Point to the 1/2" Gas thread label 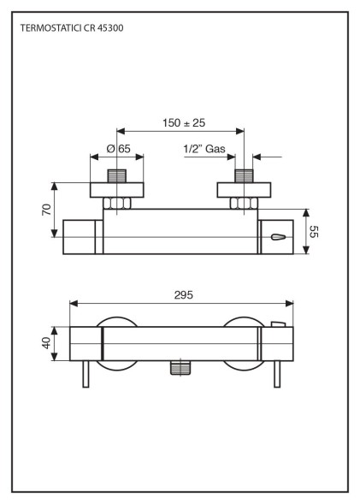[204, 149]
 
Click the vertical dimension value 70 [47, 209]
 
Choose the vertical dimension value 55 [314, 231]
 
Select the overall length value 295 [182, 294]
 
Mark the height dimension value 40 [47, 343]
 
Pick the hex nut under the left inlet [117, 204]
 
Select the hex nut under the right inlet [245, 204]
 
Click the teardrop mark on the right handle [278, 237]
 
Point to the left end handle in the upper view [83, 237]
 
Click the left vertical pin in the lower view [86, 374]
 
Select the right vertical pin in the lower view [276, 374]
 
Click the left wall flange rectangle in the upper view [117, 190]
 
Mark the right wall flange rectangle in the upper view [245, 190]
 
